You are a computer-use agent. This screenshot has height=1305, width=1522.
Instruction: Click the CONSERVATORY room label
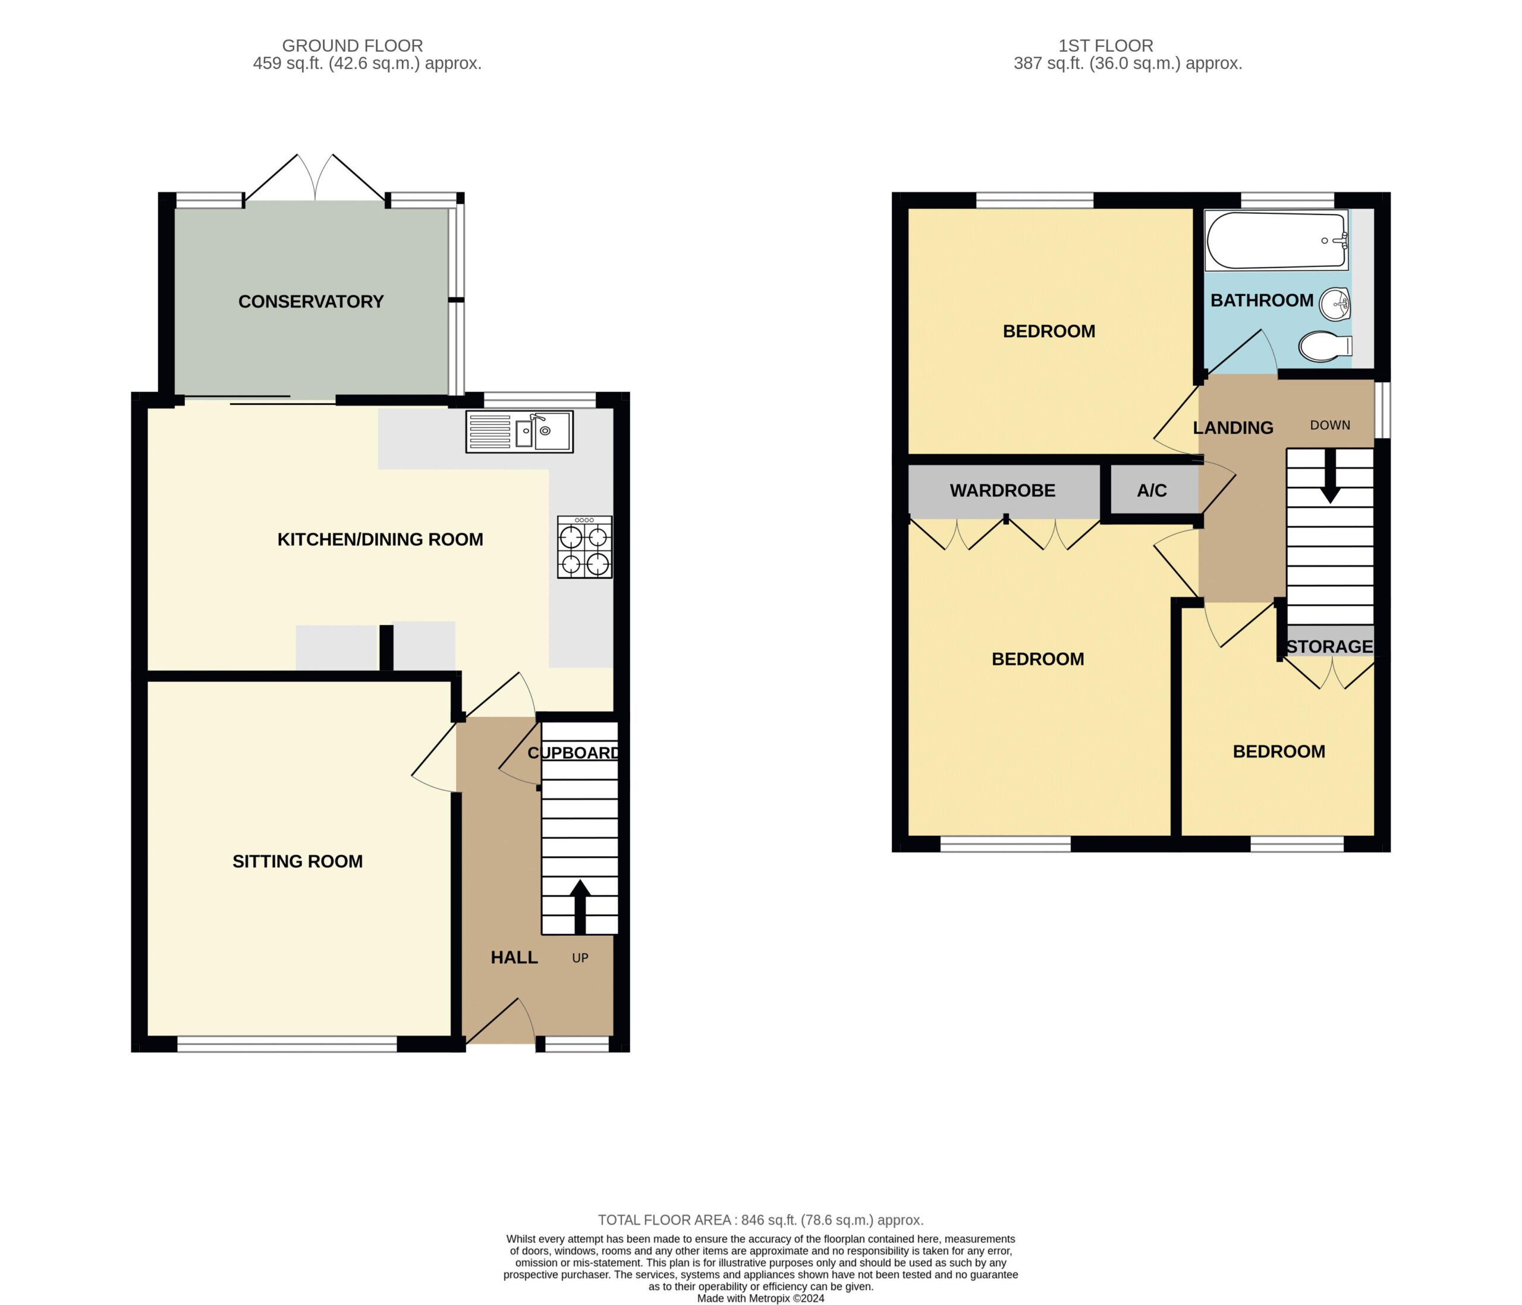[311, 302]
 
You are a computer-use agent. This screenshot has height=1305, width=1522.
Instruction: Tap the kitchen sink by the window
[520, 431]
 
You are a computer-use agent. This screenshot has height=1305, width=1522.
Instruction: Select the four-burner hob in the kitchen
[584, 547]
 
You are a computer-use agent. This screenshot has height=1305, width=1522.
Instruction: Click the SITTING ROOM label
[297, 861]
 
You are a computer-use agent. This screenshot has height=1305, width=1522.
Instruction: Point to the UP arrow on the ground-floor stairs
[580, 907]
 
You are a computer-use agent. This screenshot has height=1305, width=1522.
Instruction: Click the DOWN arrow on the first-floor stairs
[1329, 476]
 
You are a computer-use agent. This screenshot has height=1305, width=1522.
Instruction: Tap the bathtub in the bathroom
[1276, 240]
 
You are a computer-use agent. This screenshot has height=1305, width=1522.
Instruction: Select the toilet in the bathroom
[1325, 347]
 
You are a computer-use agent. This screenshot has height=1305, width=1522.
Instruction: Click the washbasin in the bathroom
[1335, 304]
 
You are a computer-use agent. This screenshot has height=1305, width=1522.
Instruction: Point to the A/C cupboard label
[1152, 490]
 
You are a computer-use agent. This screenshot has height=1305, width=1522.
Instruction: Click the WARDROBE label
[1002, 490]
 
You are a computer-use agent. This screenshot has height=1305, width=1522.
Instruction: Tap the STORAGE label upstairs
[1329, 646]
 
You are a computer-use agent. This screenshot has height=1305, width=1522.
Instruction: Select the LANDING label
[1233, 427]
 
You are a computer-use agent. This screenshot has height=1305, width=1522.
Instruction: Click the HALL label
[514, 958]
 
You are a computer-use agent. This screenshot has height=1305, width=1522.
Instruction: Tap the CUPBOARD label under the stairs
[574, 753]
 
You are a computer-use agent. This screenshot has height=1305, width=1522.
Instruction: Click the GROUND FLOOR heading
[353, 46]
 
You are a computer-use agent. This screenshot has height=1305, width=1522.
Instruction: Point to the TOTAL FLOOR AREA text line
[760, 1220]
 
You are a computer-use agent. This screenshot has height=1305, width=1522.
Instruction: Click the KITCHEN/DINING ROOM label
[380, 540]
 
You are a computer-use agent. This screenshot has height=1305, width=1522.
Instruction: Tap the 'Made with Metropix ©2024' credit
[760, 1298]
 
